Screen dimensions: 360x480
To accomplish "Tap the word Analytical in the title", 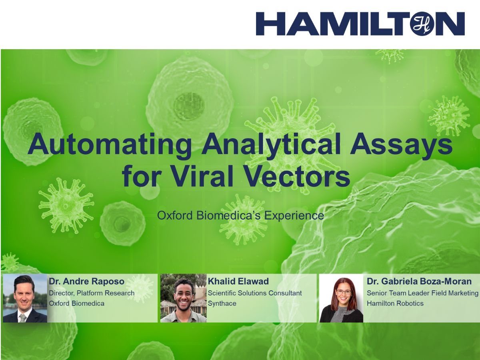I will click(x=271, y=145).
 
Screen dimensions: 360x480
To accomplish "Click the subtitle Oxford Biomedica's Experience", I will click(x=240, y=216).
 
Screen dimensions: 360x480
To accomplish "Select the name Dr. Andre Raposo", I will click(x=86, y=282).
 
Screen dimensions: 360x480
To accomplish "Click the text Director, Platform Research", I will click(x=92, y=293).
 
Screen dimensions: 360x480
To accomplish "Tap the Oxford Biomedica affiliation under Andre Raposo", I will click(x=76, y=303).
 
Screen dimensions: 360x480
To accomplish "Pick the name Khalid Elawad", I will click(x=238, y=282).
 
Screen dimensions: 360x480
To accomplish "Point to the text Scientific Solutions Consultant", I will click(x=255, y=293).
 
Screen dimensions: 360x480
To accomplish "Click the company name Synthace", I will click(x=222, y=303).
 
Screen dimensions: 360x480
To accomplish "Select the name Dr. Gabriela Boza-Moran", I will click(x=419, y=282).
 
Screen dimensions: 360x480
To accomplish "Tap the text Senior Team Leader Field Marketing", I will click(x=422, y=293).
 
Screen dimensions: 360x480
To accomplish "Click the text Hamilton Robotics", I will click(x=395, y=303).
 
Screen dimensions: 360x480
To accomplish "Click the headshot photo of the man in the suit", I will click(x=25, y=298).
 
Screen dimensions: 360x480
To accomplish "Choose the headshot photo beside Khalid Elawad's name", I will click(x=183, y=298).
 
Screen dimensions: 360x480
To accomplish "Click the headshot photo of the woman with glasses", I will click(x=341, y=298).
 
